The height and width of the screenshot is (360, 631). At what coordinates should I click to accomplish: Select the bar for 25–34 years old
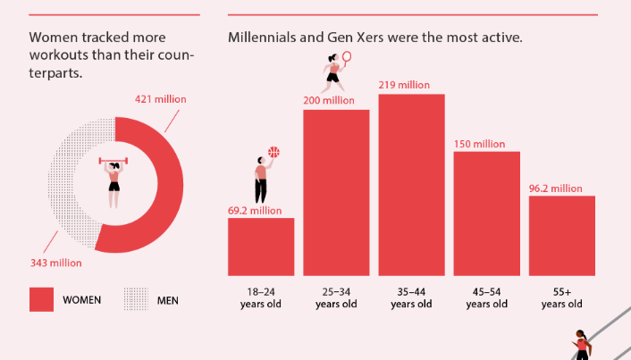(x=336, y=192)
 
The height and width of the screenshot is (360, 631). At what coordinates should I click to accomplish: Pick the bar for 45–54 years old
(x=486, y=213)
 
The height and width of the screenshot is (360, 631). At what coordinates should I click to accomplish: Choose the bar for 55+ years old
(x=561, y=236)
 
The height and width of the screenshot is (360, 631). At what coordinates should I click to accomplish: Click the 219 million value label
(x=404, y=85)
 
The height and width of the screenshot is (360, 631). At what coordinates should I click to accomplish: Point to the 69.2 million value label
(x=255, y=211)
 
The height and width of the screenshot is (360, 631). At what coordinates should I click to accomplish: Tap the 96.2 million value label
(x=555, y=188)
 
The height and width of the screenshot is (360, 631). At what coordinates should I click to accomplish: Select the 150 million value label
(x=479, y=144)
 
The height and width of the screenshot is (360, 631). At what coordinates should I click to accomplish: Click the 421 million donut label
(x=161, y=99)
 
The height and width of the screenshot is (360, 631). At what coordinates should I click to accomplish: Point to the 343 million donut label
(x=55, y=263)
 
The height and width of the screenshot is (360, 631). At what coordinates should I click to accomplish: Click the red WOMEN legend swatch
(x=41, y=300)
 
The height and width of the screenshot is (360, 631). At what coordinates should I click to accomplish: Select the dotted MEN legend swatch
(x=135, y=300)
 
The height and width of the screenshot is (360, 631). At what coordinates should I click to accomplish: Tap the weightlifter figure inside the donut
(x=114, y=182)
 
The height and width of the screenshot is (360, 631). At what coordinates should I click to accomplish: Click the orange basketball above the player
(x=273, y=152)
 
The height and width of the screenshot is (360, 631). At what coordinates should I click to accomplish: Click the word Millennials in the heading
(x=264, y=38)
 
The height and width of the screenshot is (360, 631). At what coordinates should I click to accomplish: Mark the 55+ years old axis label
(x=561, y=297)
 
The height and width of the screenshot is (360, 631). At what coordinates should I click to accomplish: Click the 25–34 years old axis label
(x=336, y=297)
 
